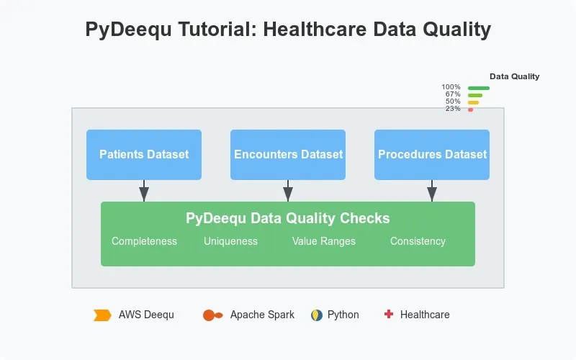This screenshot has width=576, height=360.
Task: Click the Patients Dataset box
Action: click(x=144, y=154)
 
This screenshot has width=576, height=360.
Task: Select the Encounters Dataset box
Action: click(x=288, y=154)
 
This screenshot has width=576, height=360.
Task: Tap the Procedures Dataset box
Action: click(x=432, y=154)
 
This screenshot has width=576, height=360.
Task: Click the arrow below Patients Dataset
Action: click(x=144, y=192)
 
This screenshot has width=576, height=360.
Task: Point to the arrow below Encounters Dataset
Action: click(x=288, y=192)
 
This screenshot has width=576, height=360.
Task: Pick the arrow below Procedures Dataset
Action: click(x=432, y=192)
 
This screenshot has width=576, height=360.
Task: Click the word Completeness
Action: click(x=144, y=241)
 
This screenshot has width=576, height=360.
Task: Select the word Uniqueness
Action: click(x=230, y=241)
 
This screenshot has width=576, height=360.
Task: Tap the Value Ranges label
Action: click(x=324, y=241)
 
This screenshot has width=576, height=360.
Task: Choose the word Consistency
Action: click(x=418, y=241)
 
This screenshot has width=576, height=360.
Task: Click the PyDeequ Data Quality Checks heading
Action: click(x=288, y=218)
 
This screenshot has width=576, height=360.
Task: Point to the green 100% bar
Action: click(x=479, y=88)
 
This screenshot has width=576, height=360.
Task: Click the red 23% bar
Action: click(x=470, y=109)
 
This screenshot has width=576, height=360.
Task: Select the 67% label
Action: click(x=453, y=94)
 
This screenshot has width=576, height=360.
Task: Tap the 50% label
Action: click(x=453, y=102)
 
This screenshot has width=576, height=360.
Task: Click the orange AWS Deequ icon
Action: click(x=102, y=315)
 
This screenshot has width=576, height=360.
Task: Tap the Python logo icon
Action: click(x=316, y=315)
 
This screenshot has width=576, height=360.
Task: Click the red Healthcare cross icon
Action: click(x=389, y=314)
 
